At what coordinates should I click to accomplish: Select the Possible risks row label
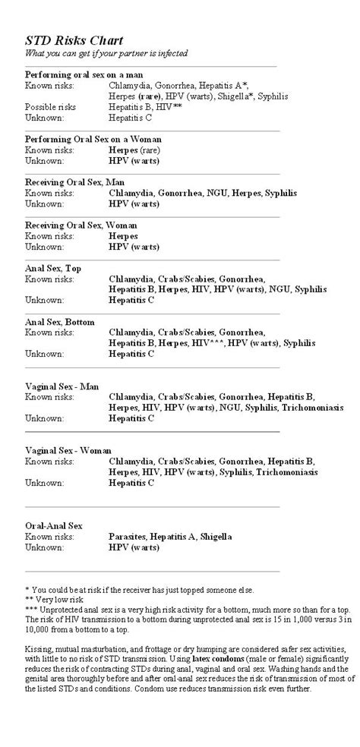(51, 107)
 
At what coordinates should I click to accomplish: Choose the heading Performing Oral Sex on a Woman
(93, 139)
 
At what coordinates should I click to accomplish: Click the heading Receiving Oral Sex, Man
(74, 182)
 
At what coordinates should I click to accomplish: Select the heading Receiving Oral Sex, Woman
(81, 225)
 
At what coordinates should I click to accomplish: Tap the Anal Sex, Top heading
(53, 268)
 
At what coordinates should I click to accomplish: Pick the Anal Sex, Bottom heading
(60, 322)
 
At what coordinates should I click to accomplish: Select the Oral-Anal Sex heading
(54, 525)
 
